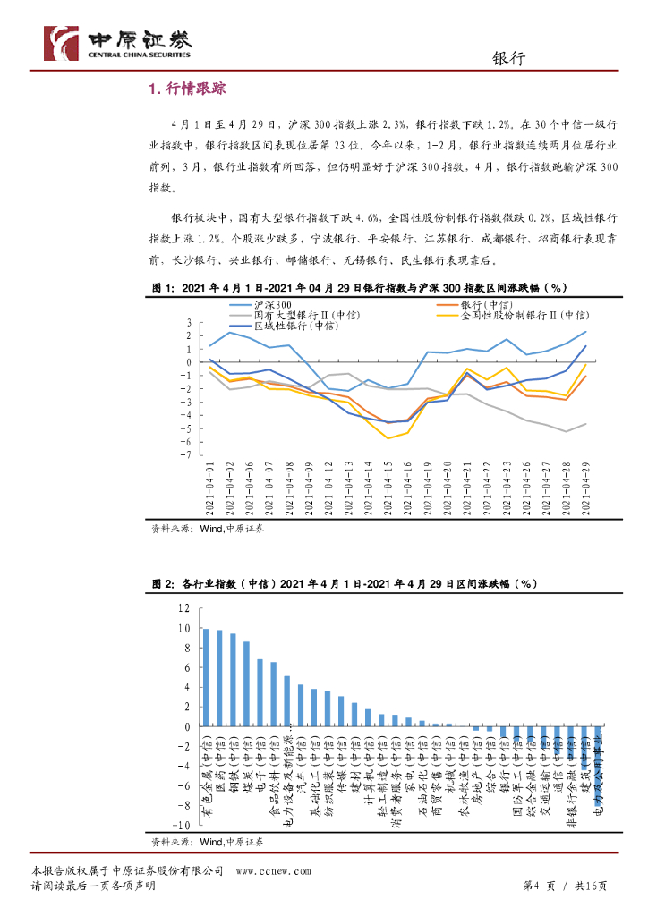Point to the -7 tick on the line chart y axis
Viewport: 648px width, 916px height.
(189, 454)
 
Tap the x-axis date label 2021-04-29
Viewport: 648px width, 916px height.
(586, 488)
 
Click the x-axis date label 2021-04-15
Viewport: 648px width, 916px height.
(387, 488)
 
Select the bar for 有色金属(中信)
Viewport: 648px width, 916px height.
(206, 677)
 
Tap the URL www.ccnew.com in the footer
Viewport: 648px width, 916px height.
(273, 870)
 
